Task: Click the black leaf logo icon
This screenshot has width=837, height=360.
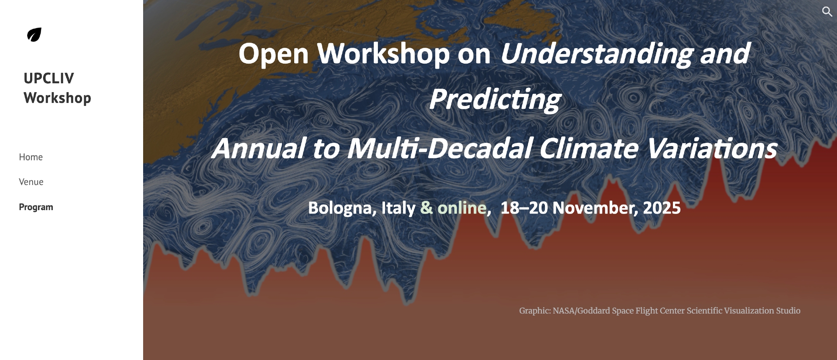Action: [34, 35]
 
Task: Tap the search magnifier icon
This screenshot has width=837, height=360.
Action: [827, 12]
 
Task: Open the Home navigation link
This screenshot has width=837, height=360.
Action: [31, 157]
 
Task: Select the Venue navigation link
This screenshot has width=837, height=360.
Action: [31, 182]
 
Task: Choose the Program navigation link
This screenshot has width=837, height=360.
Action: [36, 207]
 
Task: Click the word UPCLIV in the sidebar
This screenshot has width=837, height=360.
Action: [49, 78]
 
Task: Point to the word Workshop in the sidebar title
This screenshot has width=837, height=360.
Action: [57, 98]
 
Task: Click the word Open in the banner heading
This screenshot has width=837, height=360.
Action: [274, 54]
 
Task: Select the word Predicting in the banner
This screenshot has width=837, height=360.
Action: [495, 100]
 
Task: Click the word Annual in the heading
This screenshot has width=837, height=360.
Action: [259, 149]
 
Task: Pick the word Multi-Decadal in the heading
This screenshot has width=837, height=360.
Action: [439, 148]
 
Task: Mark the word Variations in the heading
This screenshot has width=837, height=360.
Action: [711, 148]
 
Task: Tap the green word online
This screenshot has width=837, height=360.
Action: [462, 208]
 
